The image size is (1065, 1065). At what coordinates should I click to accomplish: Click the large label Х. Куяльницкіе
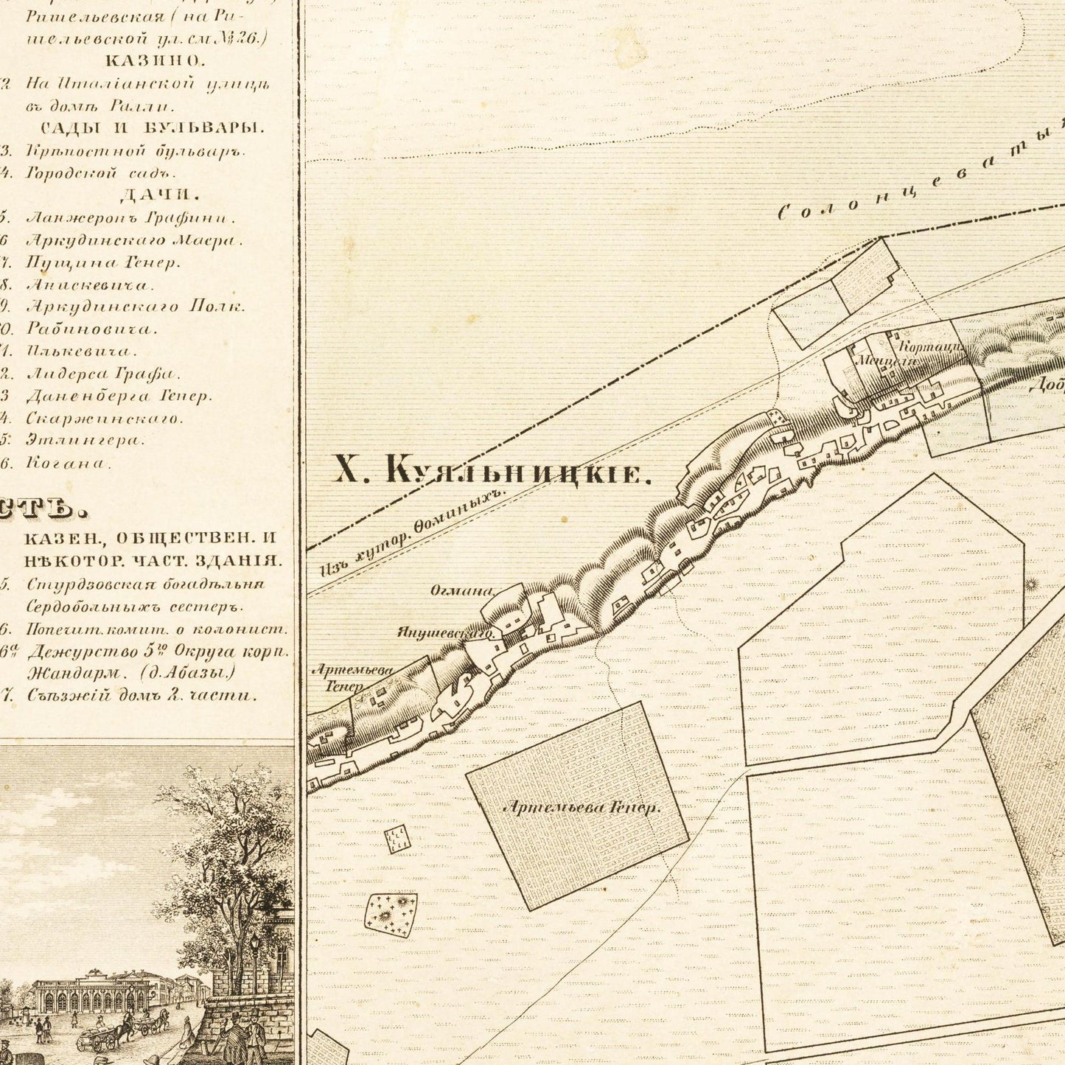[x=492, y=470]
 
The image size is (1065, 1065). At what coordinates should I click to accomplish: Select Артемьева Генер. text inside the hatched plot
[x=582, y=808]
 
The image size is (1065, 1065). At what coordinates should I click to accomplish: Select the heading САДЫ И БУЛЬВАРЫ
[x=152, y=128]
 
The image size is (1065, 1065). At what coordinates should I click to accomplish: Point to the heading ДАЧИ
[x=159, y=195]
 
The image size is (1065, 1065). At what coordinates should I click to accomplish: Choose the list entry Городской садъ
[x=101, y=174]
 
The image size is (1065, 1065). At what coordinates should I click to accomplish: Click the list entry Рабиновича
[x=91, y=329]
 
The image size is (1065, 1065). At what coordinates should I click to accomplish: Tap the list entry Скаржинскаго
[x=104, y=418]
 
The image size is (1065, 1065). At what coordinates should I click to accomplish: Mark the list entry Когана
[x=69, y=463]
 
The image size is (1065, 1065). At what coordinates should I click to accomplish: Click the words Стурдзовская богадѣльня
[x=144, y=584]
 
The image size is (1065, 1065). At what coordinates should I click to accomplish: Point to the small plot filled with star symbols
[x=391, y=915]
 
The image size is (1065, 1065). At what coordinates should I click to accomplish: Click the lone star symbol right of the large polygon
[x=1030, y=584]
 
